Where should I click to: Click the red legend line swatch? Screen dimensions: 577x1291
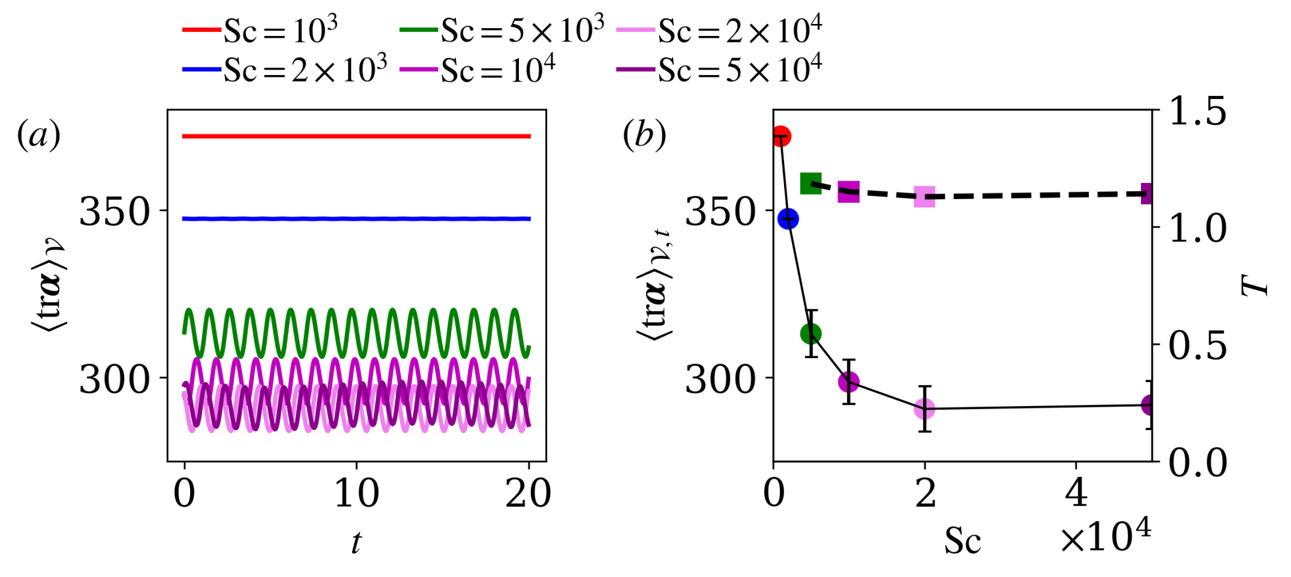tap(202, 29)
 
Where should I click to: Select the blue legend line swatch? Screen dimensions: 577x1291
tap(202, 70)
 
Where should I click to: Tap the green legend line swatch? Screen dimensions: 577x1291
tap(419, 29)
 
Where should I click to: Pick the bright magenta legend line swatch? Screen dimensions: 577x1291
tap(419, 70)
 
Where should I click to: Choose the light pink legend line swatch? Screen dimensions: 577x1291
tap(635, 29)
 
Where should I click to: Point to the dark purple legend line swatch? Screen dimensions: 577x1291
tap(635, 70)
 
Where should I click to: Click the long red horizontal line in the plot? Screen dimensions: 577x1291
tap(356, 137)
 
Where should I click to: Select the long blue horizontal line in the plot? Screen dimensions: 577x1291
tap(356, 219)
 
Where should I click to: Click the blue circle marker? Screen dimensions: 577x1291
tap(788, 219)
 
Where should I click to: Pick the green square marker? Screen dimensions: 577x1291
tap(810, 184)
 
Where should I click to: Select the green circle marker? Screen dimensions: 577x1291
tap(810, 333)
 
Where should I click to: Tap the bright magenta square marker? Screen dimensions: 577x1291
tap(848, 192)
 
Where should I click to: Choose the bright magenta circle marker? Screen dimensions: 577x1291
tap(848, 381)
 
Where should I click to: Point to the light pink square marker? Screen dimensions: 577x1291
tap(924, 197)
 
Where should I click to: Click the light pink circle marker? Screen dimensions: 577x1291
tap(924, 408)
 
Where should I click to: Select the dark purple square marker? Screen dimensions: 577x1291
tap(1145, 194)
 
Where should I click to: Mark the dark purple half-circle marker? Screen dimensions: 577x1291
tap(1146, 405)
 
